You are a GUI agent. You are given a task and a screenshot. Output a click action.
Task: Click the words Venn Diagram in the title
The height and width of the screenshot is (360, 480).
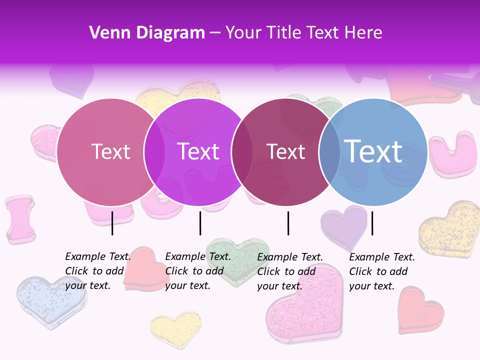(147, 33)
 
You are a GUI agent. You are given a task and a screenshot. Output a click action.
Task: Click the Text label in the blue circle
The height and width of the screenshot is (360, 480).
(373, 151)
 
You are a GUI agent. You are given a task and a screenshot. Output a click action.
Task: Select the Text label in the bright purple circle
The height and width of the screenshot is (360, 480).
(198, 151)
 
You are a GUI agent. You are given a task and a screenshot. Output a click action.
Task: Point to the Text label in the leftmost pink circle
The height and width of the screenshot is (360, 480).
(110, 151)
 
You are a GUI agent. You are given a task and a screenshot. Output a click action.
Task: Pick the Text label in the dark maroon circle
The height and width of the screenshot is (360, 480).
(285, 151)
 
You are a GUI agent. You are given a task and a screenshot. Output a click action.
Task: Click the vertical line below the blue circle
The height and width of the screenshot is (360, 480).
(372, 223)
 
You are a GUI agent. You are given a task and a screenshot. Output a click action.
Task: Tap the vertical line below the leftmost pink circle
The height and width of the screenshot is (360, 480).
(112, 223)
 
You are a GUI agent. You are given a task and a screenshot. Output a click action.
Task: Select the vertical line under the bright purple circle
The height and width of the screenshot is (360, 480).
(200, 223)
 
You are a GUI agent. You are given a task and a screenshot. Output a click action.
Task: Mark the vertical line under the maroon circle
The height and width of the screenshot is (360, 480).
(288, 223)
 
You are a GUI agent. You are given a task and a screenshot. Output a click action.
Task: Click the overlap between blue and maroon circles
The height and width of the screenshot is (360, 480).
(329, 151)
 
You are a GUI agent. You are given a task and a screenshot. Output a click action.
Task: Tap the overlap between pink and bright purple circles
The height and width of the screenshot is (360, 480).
(154, 151)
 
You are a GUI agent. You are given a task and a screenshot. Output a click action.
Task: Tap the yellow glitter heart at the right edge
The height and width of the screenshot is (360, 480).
(450, 230)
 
